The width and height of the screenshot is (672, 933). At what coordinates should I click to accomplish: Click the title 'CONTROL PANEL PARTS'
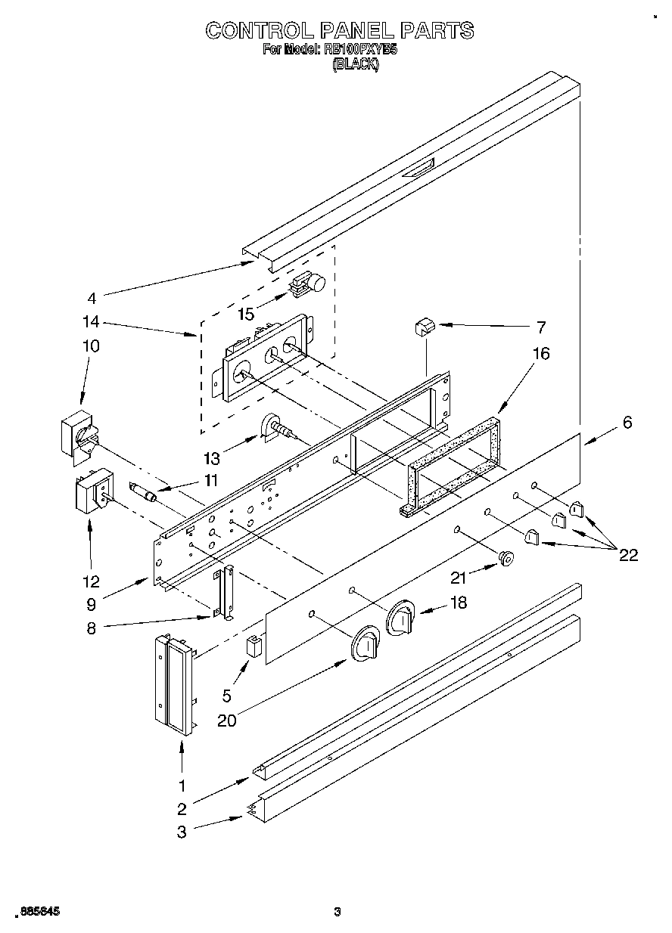coord(340,30)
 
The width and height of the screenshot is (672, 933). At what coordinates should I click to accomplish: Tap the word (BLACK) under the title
coord(356,65)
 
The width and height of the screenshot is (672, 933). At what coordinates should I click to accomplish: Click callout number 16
coord(541,353)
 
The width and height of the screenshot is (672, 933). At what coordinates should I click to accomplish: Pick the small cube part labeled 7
coord(424,327)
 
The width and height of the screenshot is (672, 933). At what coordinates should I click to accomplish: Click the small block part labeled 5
coord(254,647)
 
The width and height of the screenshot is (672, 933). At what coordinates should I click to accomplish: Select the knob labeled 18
coord(400,618)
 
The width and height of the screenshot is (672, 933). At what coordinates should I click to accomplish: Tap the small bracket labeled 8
coord(224,594)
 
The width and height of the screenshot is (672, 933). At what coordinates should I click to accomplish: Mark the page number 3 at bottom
coord(338,911)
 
